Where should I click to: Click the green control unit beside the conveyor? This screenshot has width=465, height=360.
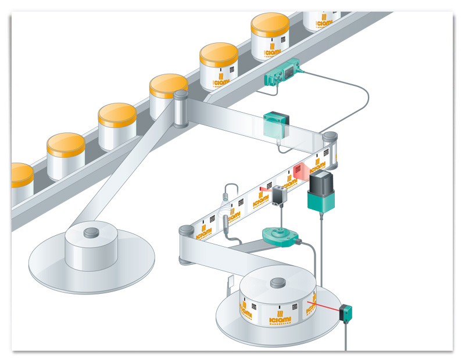[284, 72]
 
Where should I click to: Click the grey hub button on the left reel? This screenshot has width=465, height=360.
[91, 233]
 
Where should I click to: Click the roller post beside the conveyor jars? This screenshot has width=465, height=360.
[180, 108]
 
